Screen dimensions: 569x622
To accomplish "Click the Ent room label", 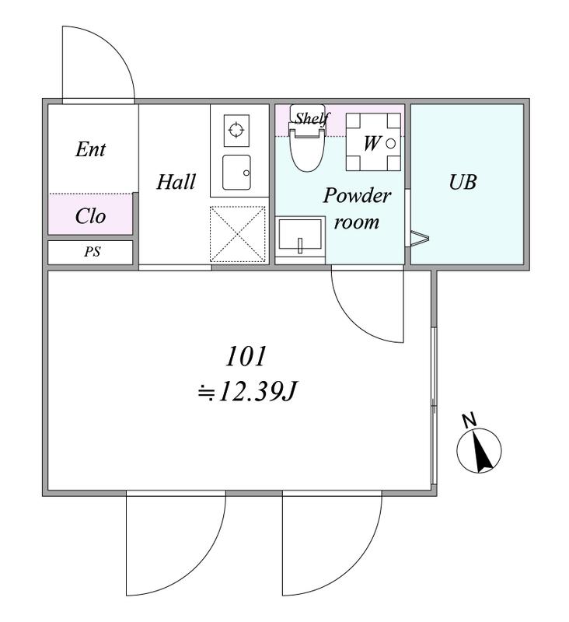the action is (90, 149).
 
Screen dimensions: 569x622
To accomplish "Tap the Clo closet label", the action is (90, 216).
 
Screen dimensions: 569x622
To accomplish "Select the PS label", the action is (92, 251).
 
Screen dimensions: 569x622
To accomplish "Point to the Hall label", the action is (176, 182).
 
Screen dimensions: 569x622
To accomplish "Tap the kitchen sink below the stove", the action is (236, 172).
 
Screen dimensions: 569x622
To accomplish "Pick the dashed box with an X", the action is (238, 234).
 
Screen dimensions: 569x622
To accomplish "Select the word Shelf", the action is (312, 118).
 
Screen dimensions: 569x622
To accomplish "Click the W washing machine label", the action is (372, 143).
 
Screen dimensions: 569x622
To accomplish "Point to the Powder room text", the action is (357, 208).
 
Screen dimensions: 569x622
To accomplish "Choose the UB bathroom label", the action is (463, 182).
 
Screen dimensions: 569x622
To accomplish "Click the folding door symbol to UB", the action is (417, 239).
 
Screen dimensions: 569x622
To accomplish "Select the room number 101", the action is (246, 356).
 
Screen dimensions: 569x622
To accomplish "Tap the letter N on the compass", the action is (470, 421).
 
